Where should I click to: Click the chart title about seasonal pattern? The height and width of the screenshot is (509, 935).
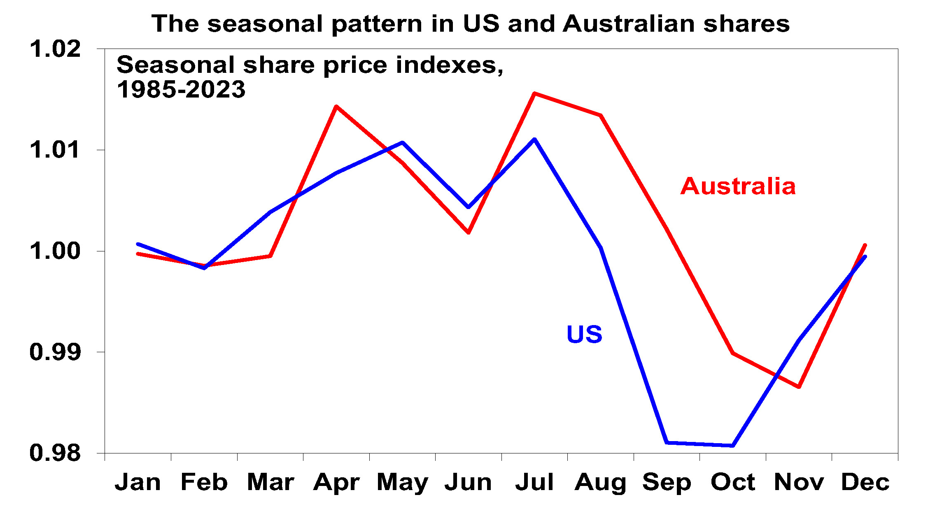point(470,24)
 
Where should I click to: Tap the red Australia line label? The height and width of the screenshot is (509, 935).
point(738,186)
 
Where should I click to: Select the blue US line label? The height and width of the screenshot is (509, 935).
point(584,334)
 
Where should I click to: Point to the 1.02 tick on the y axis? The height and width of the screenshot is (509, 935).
point(55,49)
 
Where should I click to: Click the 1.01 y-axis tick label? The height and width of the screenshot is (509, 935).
point(55,150)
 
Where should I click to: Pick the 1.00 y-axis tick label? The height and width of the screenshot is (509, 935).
point(55,251)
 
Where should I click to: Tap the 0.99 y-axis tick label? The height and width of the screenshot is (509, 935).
point(55,352)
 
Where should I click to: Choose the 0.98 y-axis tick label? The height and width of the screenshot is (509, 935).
point(55,453)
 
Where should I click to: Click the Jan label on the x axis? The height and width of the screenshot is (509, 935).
point(138,482)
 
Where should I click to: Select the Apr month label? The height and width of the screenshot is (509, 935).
point(336,482)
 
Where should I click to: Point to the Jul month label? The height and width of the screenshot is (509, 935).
point(534,482)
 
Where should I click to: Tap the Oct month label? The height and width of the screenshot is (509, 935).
point(733,482)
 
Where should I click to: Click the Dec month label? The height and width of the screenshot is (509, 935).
point(865,482)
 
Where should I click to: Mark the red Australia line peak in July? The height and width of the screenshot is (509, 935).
point(534,94)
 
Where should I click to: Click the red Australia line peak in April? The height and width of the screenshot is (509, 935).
point(336,107)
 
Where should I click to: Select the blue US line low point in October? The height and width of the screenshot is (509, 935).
point(733,446)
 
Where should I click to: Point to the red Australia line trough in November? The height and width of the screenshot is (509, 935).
point(799,387)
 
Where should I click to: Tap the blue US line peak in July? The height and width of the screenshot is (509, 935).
point(534,139)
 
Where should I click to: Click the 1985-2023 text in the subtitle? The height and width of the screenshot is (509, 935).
point(181,90)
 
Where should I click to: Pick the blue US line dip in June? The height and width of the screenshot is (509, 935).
point(468,207)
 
